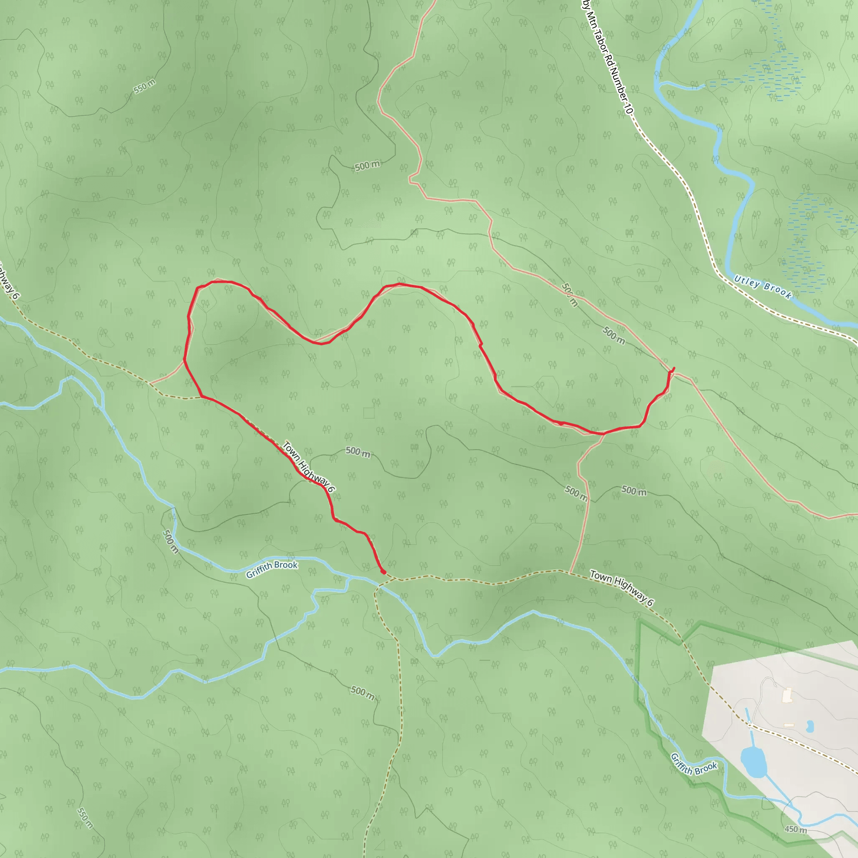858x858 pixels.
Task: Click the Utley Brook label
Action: click(762, 287)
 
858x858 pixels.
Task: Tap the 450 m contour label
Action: click(796, 829)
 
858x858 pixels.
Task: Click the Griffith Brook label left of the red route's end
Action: click(272, 569)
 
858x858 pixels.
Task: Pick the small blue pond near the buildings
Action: click(809, 726)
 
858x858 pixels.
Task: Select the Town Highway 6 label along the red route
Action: click(308, 467)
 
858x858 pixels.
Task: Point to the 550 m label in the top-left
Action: click(145, 86)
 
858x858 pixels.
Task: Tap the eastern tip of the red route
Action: click(674, 368)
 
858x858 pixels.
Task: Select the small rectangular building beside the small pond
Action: click(789, 725)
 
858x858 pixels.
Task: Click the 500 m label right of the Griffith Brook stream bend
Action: click(170, 541)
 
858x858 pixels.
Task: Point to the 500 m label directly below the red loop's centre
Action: click(358, 452)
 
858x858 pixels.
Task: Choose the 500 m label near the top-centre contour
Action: click(367, 165)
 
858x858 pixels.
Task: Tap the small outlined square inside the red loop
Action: click(369, 413)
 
